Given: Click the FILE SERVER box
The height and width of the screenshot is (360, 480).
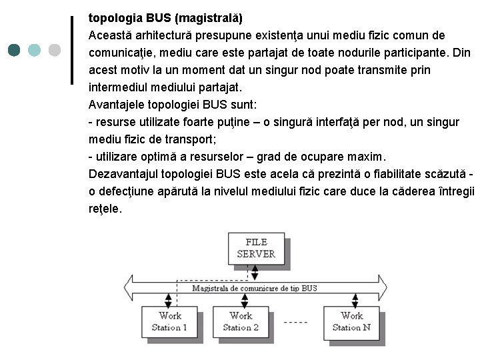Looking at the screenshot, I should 255,247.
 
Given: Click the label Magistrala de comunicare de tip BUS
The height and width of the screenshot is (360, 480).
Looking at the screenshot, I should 255,288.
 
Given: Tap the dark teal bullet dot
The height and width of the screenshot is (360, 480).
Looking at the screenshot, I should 15,50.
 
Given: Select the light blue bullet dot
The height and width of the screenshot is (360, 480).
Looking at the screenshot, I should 35,50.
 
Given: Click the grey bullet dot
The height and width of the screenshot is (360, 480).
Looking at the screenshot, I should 54,50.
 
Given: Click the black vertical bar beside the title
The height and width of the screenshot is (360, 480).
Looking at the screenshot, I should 72,50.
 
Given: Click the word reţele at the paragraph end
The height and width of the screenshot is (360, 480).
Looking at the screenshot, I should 105,209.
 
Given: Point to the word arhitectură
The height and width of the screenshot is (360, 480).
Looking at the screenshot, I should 172,35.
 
